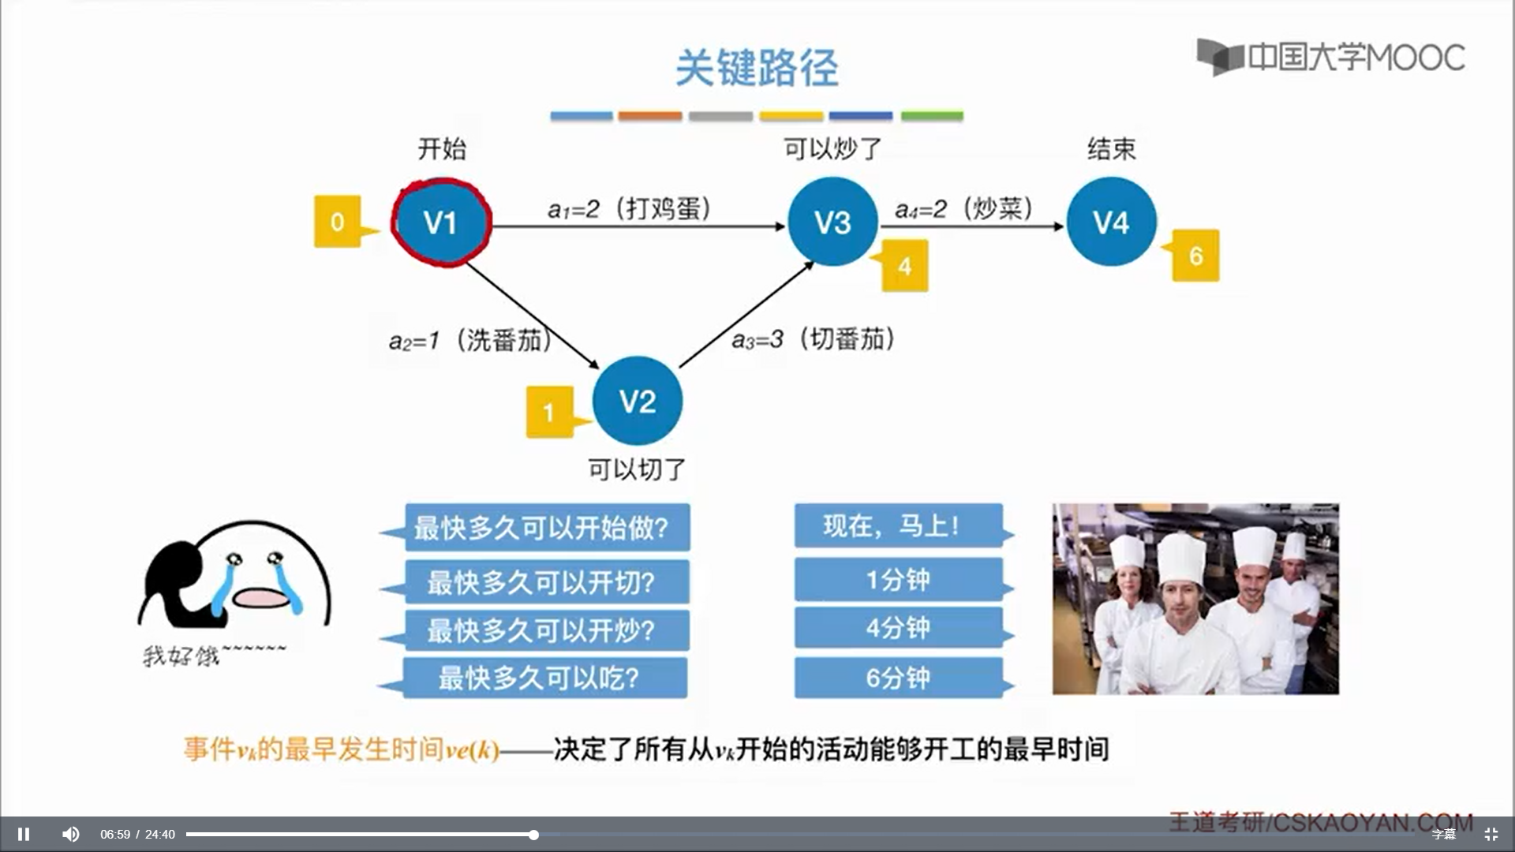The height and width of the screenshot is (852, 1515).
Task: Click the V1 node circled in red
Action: coord(440,222)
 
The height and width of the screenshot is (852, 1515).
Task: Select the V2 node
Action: coord(638,402)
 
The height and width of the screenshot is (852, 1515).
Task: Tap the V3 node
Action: coord(832,222)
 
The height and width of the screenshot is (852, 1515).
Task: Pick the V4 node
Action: coord(1111,222)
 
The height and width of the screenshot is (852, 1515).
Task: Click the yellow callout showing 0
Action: coord(338,222)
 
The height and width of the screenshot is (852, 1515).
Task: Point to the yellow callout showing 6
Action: coord(1195,256)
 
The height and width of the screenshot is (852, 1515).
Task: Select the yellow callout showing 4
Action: coord(904,267)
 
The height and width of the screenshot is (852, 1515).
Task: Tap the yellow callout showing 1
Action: coord(548,412)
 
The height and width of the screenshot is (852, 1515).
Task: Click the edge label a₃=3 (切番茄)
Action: coord(813,339)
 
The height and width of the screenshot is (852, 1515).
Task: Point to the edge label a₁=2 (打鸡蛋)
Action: coord(630,209)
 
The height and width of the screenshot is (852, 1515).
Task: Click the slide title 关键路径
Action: coord(757,68)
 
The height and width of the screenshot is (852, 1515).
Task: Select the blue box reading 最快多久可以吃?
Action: coord(544,678)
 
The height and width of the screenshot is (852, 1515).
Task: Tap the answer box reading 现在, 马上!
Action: coord(898,525)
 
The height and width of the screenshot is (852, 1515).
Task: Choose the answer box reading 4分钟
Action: coord(898,628)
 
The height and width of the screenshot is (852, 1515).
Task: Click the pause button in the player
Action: coord(24,834)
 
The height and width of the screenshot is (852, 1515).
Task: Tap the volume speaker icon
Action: coord(71,834)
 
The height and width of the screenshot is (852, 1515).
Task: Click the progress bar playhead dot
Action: coord(534,835)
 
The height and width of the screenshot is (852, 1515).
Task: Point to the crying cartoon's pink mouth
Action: coord(262,598)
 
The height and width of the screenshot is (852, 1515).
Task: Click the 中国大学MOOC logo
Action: coord(1330,58)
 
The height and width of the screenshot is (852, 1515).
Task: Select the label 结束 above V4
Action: coord(1111,148)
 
